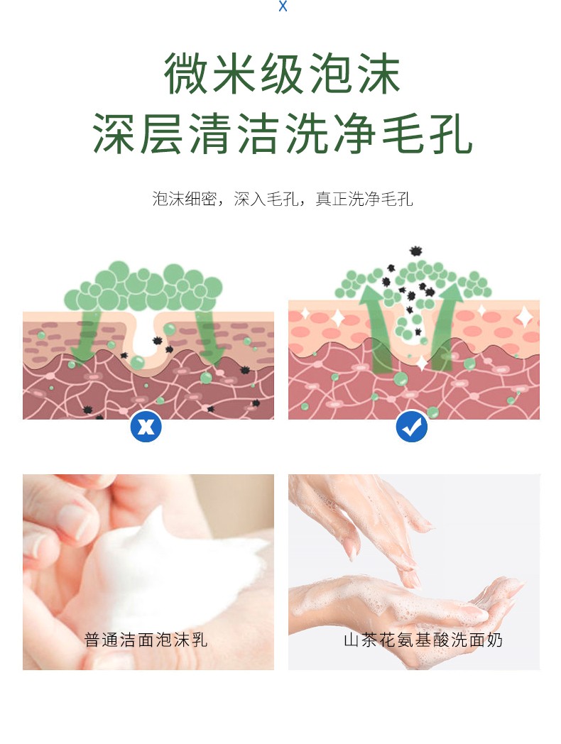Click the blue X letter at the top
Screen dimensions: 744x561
point(283,6)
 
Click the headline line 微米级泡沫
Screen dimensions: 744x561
point(283,74)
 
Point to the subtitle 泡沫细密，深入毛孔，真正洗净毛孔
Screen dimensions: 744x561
point(283,199)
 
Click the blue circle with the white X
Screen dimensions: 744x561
point(146,427)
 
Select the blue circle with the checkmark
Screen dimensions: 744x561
point(412,427)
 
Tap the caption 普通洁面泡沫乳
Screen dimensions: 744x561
point(146,640)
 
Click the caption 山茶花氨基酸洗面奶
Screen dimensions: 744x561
point(423,640)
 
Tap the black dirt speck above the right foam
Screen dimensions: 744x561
point(415,251)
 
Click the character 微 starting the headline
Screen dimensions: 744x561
point(188,74)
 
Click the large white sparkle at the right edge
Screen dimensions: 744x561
point(524,316)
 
